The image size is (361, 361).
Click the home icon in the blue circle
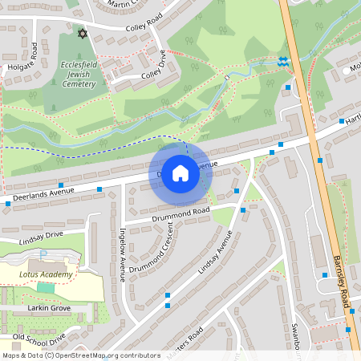pos(180,172)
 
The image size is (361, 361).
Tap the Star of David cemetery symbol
pos(80,33)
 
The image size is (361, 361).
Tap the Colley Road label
pos(144,29)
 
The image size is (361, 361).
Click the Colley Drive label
pos(152,69)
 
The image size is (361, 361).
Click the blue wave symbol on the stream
pos(282,61)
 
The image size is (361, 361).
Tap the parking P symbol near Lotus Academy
pos(44,254)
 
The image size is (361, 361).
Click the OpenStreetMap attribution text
pos(80,355)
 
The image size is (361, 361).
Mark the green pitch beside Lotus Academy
pos(46,287)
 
